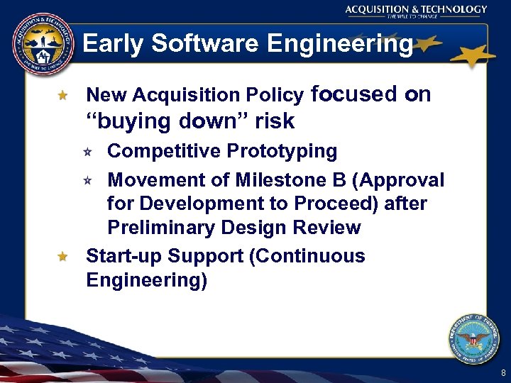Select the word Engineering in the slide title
pos(339,44)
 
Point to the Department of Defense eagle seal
pos(474,338)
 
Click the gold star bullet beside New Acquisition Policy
pos(62,94)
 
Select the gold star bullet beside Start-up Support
pos(62,256)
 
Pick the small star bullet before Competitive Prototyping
pos(87,151)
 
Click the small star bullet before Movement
pos(87,180)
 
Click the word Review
pos(330,228)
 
